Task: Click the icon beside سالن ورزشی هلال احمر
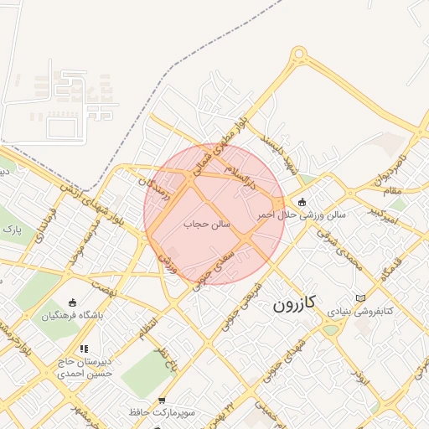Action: (x=302, y=202)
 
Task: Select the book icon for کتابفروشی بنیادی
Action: (x=360, y=298)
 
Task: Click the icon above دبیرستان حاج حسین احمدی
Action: (x=83, y=348)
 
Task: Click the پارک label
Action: (x=11, y=228)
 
